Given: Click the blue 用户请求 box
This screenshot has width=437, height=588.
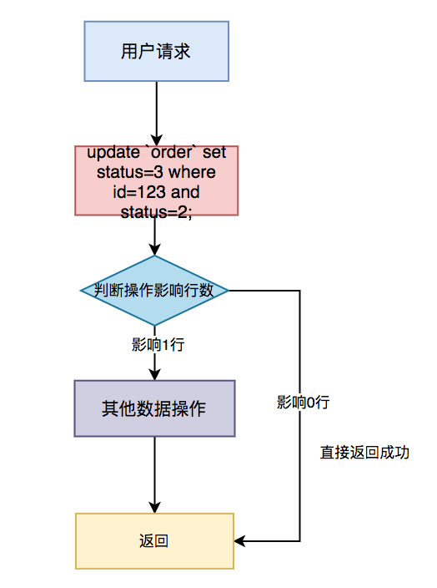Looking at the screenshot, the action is coord(157,51).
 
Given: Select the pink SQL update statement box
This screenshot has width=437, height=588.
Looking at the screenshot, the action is coord(157,180).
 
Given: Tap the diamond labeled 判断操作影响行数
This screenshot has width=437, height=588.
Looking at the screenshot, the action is coord(154,291).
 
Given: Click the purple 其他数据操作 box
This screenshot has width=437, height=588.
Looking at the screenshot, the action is coord(154,408).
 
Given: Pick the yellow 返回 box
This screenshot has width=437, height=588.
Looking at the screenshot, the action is coord(154,540).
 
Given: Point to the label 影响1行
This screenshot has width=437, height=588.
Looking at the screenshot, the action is coord(158,344).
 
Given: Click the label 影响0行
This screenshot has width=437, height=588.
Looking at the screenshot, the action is coord(304,402).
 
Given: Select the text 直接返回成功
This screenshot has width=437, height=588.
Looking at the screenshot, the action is coord(364,452).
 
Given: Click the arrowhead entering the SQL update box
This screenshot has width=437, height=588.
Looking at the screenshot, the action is coord(157,139).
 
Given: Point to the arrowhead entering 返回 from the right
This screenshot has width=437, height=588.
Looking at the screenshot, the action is coord(240,540).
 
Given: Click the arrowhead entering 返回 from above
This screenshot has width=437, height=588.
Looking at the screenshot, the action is coord(154,507).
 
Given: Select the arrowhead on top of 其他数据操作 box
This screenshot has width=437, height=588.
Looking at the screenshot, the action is coord(154,374).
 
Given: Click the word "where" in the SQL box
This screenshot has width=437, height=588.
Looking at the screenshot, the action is coord(192,172).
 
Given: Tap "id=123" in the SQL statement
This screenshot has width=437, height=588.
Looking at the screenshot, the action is coord(139,192).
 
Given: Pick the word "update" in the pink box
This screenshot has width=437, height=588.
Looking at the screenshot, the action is coord(113,153).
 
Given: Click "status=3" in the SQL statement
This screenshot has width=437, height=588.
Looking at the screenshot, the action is coord(130,172).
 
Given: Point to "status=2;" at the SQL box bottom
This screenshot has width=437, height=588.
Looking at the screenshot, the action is coord(157,212).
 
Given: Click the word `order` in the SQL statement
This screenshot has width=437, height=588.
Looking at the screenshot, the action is coord(172,152).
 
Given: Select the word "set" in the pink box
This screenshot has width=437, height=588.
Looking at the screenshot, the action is coord(214,153).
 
